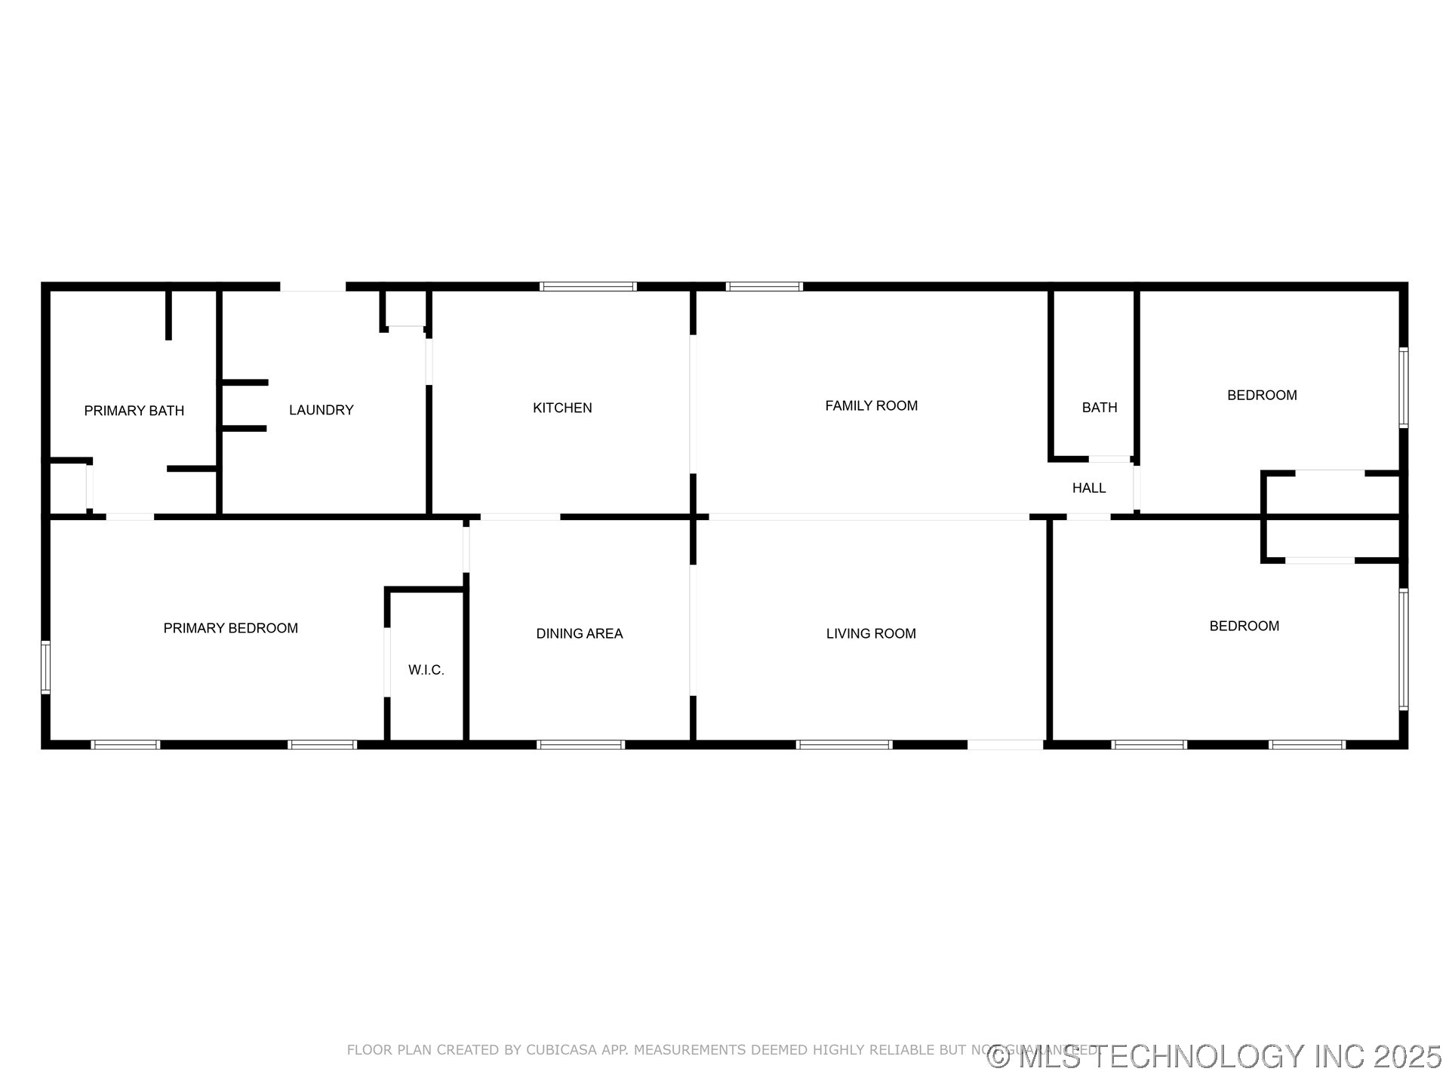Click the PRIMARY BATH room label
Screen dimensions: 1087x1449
pos(134,411)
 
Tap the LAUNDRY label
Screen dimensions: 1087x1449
pos(321,410)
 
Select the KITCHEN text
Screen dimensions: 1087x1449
pos(562,408)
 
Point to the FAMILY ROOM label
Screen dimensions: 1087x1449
pos(871,405)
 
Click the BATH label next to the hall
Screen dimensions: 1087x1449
pos(1100,408)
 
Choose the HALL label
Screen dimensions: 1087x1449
pos(1089,488)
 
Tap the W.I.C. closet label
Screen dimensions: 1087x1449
pos(426,670)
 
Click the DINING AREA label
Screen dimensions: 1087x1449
pos(580,633)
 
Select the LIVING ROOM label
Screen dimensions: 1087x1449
pos(871,633)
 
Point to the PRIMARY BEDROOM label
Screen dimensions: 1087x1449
pos(231,628)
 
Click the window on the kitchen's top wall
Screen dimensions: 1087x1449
pos(588,287)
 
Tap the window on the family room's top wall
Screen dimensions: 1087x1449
pos(764,287)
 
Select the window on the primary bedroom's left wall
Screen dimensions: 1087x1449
pos(45,667)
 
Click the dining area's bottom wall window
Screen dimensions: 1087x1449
pos(580,745)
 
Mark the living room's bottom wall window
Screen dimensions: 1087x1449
pos(844,745)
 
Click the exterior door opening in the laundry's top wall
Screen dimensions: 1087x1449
pos(313,287)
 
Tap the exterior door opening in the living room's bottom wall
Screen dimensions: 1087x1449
pos(1005,745)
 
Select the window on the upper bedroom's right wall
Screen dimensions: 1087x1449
pos(1404,387)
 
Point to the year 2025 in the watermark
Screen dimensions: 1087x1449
pos(1407,1057)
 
